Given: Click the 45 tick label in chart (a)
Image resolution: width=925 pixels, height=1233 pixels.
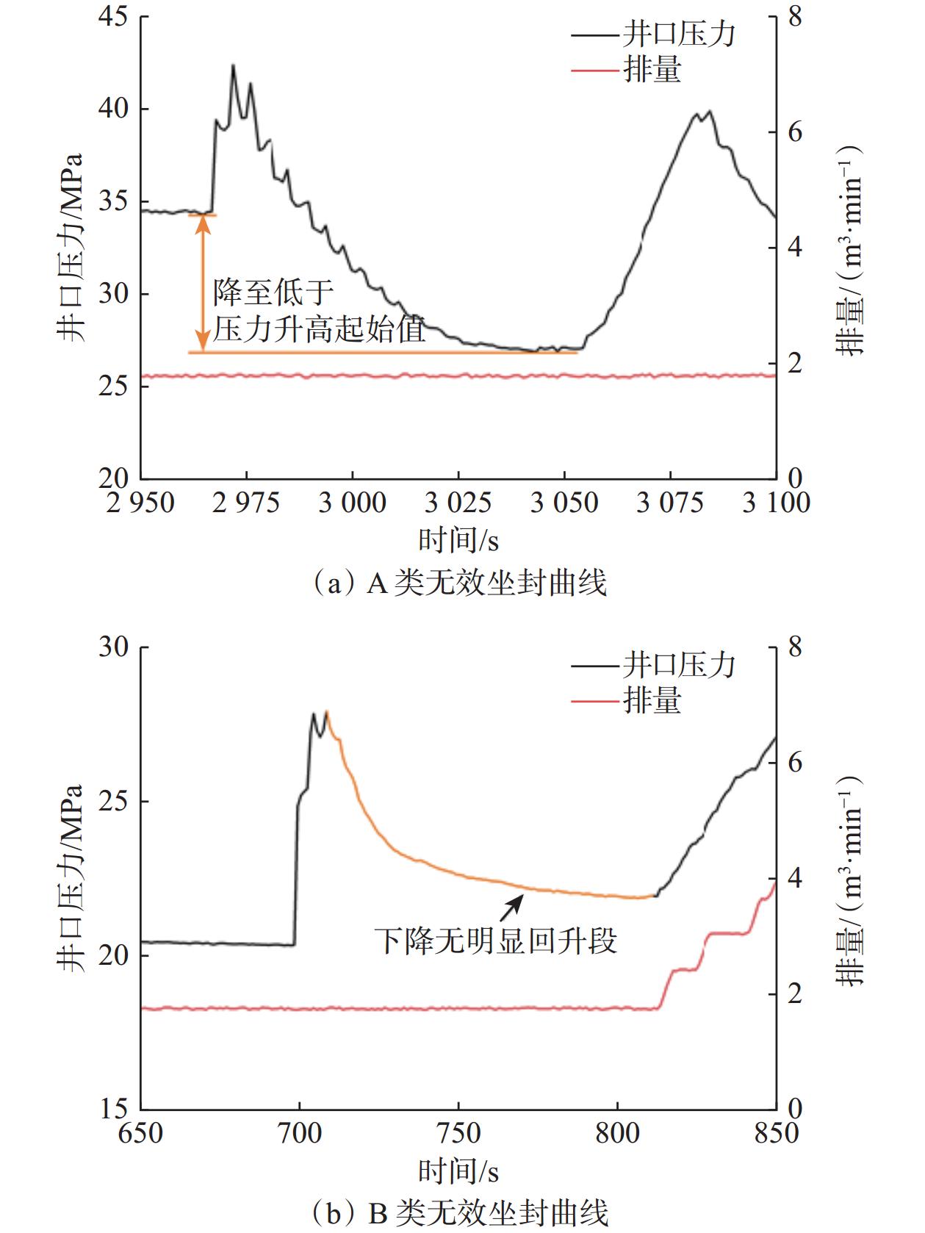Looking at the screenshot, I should pyautogui.click(x=113, y=18).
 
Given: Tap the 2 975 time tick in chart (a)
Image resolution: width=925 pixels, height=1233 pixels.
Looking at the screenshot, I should pyautogui.click(x=247, y=503).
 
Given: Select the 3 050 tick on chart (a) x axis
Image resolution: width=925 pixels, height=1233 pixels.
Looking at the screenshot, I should pyautogui.click(x=564, y=503).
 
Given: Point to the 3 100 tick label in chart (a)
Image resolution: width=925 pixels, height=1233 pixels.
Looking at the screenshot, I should pyautogui.click(x=776, y=503).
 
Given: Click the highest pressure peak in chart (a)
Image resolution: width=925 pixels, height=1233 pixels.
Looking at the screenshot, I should pyautogui.click(x=233, y=66).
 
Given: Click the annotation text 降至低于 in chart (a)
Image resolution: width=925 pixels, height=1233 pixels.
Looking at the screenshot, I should pyautogui.click(x=273, y=293).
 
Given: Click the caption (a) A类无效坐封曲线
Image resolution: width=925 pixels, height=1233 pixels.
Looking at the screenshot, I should pyautogui.click(x=460, y=583).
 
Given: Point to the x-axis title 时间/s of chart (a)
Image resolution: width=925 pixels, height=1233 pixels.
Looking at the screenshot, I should pyautogui.click(x=458, y=542).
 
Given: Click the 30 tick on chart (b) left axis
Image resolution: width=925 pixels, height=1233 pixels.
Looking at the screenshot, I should pyautogui.click(x=113, y=647).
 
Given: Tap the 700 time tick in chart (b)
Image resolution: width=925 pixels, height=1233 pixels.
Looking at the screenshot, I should pyautogui.click(x=299, y=1132).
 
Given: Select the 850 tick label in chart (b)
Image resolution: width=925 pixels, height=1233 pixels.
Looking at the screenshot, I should pyautogui.click(x=776, y=1132).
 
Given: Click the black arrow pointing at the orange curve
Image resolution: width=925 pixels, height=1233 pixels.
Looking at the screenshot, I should pyautogui.click(x=512, y=906).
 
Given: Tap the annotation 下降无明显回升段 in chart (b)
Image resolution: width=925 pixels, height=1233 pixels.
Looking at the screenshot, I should pyautogui.click(x=496, y=941).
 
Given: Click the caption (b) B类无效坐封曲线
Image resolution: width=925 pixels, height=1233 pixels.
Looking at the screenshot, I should pyautogui.click(x=460, y=1213).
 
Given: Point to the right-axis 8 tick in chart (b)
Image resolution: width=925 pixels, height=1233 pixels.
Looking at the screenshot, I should pyautogui.click(x=797, y=647).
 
